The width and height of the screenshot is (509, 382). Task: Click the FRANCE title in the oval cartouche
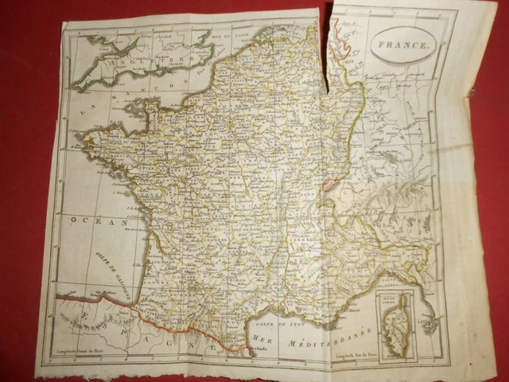click(403, 46)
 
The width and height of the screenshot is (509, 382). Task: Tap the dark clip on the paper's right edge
click(472, 92)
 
